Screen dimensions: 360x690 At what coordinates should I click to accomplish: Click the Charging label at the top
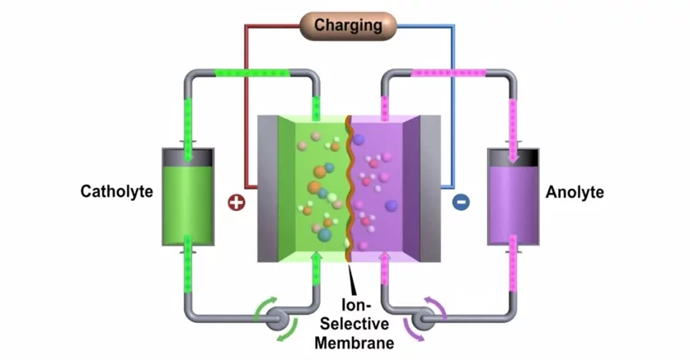(x=348, y=25)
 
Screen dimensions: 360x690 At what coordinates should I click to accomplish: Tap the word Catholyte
(x=117, y=192)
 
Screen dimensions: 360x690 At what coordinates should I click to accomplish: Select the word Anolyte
(x=575, y=193)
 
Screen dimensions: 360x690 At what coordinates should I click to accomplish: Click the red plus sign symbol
(x=237, y=202)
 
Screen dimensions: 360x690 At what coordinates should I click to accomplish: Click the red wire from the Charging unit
(x=246, y=99)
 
